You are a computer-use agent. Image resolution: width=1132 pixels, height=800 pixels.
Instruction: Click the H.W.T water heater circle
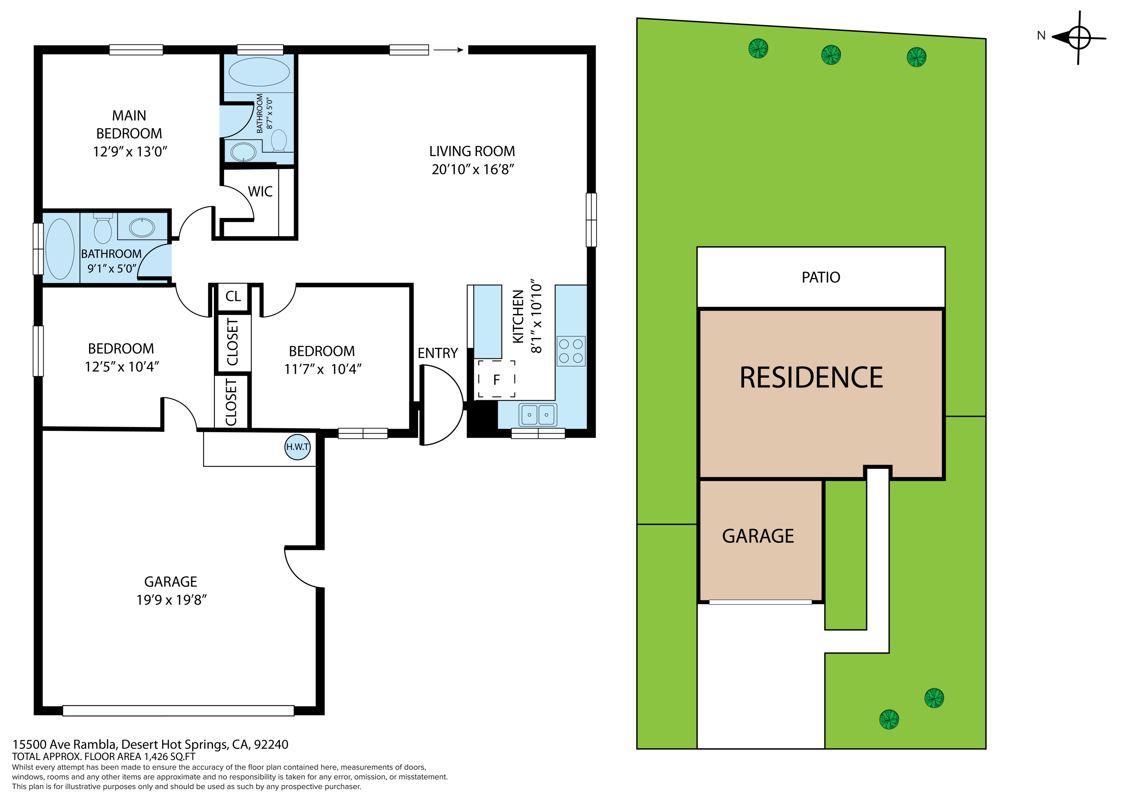[x=298, y=447]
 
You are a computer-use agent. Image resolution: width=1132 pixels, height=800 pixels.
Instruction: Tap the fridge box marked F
[x=497, y=379]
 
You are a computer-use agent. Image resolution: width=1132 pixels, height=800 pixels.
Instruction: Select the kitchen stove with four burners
[x=571, y=351]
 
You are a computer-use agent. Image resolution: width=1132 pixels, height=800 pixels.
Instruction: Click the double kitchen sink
[x=538, y=415]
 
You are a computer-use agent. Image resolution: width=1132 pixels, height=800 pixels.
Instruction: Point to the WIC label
[x=260, y=191]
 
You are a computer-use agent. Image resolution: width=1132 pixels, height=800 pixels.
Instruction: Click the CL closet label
[x=233, y=296]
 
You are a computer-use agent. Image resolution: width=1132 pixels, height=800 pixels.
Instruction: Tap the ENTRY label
[x=438, y=353]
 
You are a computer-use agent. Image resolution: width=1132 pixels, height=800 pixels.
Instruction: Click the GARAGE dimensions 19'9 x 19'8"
[x=171, y=600]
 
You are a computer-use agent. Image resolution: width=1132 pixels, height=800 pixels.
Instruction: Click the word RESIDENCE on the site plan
[x=811, y=378]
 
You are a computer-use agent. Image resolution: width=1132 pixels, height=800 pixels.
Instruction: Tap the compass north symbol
[x=1079, y=37]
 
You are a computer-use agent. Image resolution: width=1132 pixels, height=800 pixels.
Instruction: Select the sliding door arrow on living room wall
[x=449, y=50]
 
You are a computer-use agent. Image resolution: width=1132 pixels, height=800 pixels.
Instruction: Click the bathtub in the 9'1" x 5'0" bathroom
[x=60, y=249]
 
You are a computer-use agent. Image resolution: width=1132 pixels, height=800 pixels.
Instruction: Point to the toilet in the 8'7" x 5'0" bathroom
[x=279, y=140]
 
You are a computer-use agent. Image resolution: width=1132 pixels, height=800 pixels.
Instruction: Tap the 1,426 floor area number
[x=155, y=757]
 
